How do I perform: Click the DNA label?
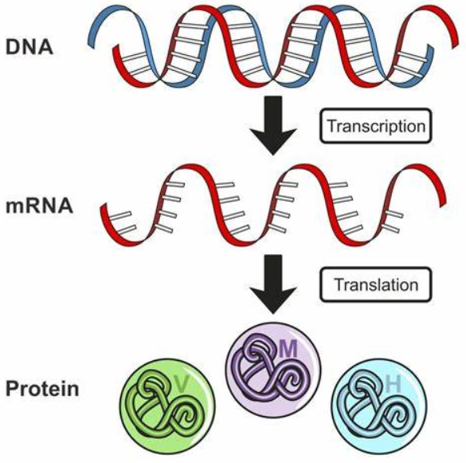point(29,47)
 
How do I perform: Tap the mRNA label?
point(39,206)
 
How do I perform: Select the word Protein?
point(42,388)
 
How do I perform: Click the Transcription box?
point(375,126)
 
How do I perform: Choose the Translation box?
point(375,284)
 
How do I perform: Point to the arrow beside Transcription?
point(273,125)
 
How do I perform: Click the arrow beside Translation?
point(273,284)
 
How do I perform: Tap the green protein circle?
point(167,406)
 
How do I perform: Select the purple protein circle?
point(273,371)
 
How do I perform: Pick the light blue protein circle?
point(379,406)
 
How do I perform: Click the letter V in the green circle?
point(182,383)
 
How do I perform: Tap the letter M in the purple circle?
point(288,348)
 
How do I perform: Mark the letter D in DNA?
point(13,47)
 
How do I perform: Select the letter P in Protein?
point(12,388)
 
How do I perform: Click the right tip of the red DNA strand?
point(456,45)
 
